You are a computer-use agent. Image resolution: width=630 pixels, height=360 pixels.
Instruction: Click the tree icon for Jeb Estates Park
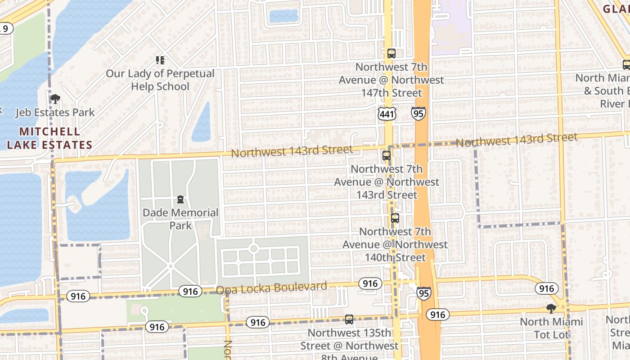coord(55,99)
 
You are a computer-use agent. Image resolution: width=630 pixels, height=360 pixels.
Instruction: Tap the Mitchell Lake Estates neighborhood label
coord(49,138)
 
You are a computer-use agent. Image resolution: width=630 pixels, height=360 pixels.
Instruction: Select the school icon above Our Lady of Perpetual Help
coord(160,60)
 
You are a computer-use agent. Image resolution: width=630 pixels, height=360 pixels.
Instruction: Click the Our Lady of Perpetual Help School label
coord(160,80)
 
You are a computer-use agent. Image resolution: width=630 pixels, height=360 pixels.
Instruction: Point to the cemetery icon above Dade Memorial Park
coord(180,199)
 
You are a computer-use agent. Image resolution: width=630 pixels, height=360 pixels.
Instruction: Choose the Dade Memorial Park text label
coord(180,219)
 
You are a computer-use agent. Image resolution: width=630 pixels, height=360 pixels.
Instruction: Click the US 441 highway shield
coord(387,114)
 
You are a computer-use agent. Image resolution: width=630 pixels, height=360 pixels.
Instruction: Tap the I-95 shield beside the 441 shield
coord(418,113)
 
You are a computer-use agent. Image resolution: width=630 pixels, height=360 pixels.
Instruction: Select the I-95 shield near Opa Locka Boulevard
coord(423,293)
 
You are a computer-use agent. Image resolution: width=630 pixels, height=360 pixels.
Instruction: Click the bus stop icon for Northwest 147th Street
coord(391,54)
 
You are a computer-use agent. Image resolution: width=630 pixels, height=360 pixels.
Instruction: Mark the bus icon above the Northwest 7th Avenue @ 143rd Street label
coord(386,156)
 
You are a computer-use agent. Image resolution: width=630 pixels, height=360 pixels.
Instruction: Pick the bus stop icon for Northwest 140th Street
coord(395,218)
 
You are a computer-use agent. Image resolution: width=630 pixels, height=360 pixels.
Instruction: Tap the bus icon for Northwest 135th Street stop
coord(349,319)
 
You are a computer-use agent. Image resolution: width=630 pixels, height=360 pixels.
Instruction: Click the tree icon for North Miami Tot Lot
coord(551,308)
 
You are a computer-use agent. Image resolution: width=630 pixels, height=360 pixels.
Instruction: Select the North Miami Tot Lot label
coord(551,328)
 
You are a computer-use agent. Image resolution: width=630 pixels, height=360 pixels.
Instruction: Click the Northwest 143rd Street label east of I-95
coord(516,140)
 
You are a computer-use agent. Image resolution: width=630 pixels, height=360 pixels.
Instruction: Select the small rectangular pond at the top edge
coord(283,16)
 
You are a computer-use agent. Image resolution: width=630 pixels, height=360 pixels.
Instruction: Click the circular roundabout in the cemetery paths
coord(253,248)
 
